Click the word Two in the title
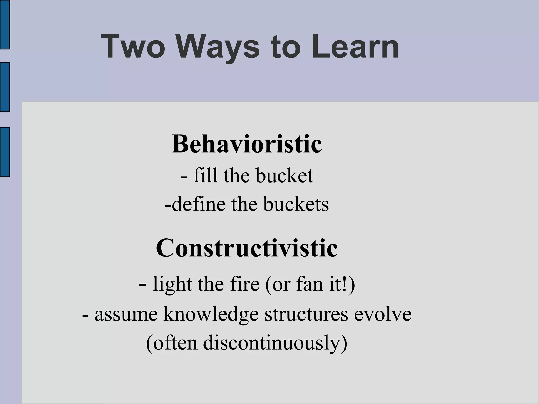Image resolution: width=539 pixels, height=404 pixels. [x=133, y=47]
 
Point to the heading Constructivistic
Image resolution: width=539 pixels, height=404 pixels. [x=247, y=248]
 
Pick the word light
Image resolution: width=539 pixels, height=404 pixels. [x=172, y=284]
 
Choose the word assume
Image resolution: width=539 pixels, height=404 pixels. [x=126, y=314]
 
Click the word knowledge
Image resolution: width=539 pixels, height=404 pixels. [x=211, y=314]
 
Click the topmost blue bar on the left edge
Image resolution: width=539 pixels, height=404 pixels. [x=5, y=24]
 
